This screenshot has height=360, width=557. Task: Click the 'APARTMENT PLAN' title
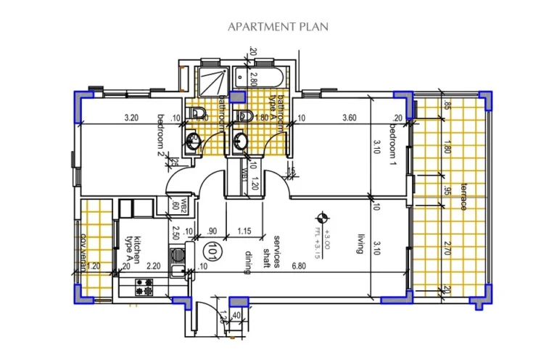click(x=278, y=27)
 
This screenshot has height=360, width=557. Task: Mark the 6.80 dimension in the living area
click(x=278, y=267)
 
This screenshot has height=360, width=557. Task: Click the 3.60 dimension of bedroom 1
click(x=349, y=118)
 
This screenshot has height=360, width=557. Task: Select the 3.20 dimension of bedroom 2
click(x=131, y=118)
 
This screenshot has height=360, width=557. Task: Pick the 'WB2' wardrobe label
click(x=175, y=204)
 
